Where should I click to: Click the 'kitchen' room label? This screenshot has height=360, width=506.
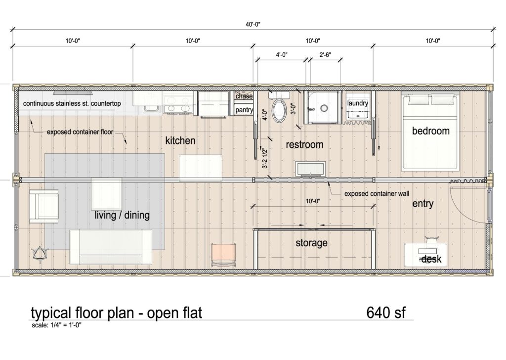click(x=180, y=141)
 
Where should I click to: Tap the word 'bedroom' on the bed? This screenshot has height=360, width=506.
click(x=431, y=131)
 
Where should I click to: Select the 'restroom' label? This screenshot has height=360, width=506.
click(x=305, y=145)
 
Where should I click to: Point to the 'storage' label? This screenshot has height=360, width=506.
click(x=311, y=243)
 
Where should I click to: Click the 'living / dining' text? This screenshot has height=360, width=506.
click(x=122, y=216)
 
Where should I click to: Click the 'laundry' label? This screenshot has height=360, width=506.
click(x=358, y=103)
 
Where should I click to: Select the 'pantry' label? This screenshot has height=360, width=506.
click(x=244, y=110)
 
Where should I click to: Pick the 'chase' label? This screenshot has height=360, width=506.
click(x=244, y=96)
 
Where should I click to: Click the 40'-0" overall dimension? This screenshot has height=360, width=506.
click(x=253, y=23)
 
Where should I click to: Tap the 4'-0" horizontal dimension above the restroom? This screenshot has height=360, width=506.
click(x=283, y=55)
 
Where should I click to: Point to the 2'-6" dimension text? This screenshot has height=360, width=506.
click(x=325, y=55)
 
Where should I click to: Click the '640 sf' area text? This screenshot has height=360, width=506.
click(x=386, y=313)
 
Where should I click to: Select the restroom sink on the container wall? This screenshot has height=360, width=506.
click(x=310, y=169)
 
